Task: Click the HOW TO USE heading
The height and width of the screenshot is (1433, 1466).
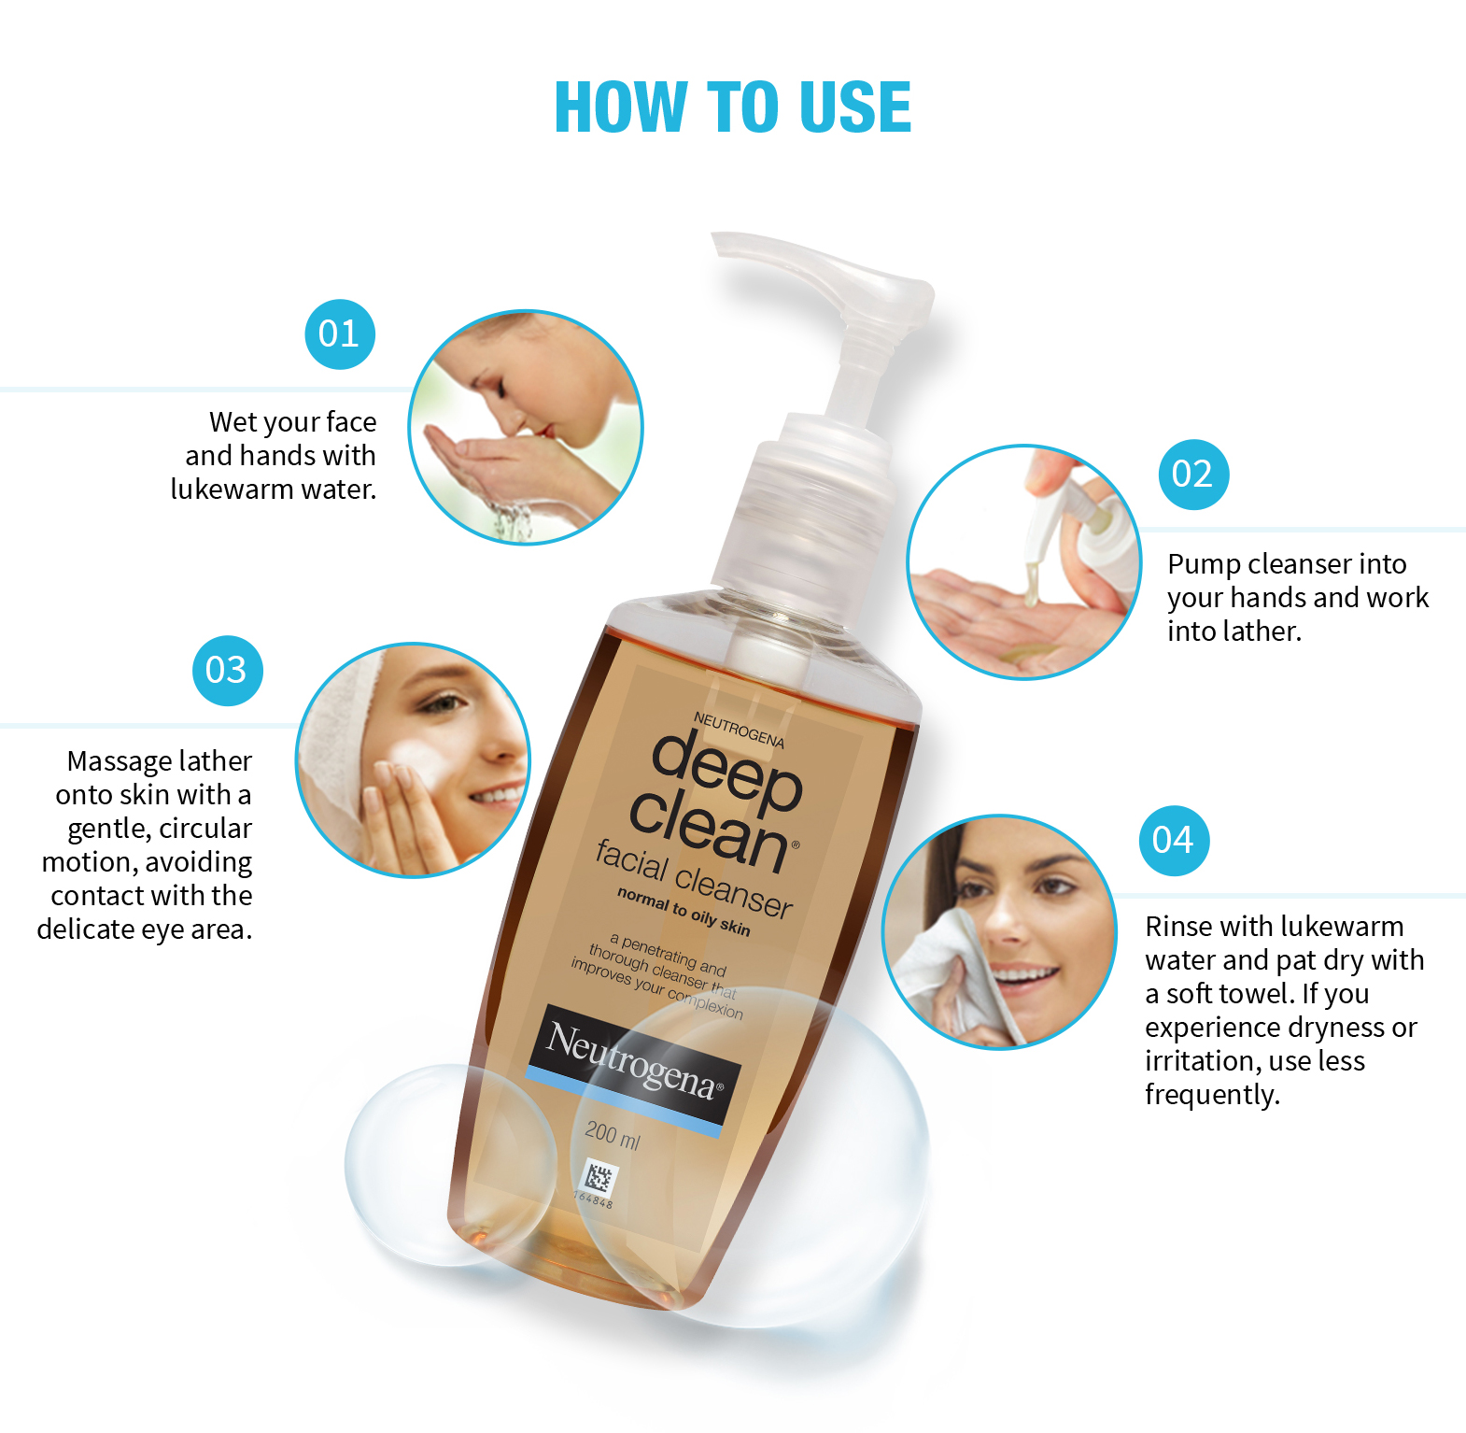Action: (733, 106)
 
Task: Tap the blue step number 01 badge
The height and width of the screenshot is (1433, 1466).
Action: (340, 334)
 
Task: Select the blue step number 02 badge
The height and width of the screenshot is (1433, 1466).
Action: (1193, 475)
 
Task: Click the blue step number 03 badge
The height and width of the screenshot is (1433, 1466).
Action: (227, 671)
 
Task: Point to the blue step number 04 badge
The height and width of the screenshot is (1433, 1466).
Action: (1174, 841)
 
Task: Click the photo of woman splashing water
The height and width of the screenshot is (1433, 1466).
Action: (526, 427)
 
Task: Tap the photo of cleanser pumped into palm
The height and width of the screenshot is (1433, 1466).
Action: (1024, 562)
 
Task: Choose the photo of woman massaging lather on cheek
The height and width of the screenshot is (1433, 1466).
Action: (413, 760)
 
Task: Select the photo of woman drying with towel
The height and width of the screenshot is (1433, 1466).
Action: (999, 932)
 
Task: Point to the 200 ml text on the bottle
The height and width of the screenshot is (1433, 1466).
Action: (613, 1135)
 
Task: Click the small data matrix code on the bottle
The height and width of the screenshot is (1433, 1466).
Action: (598, 1178)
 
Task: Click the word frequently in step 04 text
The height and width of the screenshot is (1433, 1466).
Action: (1212, 1095)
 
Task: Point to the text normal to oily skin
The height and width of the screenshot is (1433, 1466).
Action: (684, 911)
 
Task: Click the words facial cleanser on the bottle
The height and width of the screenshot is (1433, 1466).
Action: (695, 879)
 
